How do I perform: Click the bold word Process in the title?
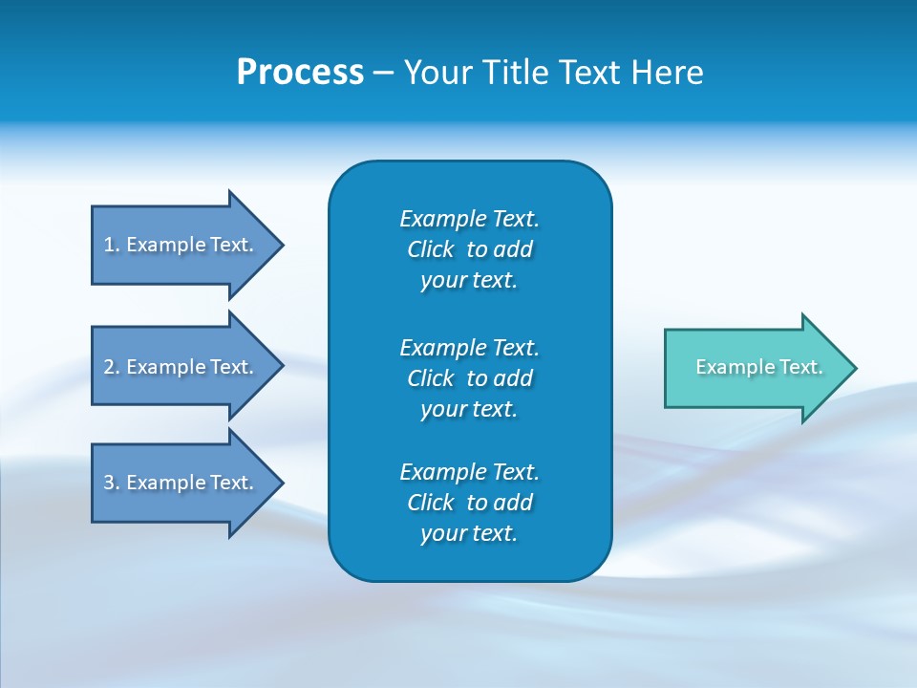[x=300, y=73]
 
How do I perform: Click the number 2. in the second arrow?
[x=112, y=367]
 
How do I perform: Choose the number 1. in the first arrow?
[x=112, y=245]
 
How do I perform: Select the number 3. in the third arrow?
[x=112, y=483]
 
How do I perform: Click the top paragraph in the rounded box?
[x=469, y=249]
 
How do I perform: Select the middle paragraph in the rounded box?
[x=469, y=377]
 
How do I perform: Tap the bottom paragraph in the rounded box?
[x=469, y=503]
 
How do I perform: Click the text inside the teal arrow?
[x=758, y=367]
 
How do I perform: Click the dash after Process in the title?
[x=384, y=74]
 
